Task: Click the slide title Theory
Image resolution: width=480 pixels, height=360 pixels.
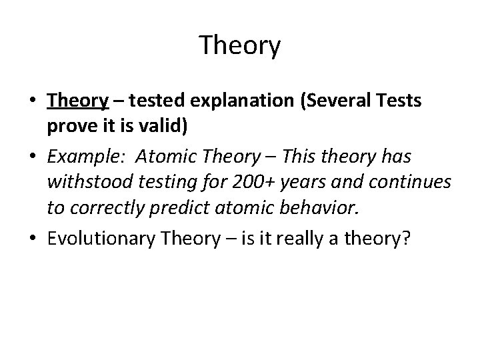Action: pos(240,46)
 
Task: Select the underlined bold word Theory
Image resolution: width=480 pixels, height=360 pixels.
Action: pos(77,101)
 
